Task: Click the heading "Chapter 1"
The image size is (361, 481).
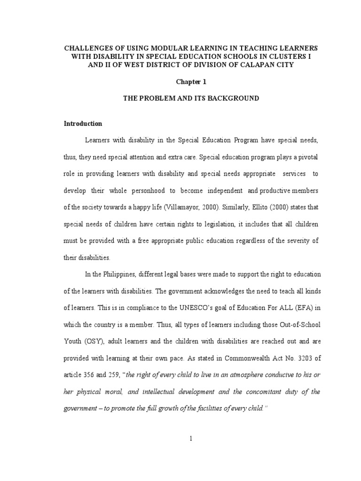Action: coord(191,82)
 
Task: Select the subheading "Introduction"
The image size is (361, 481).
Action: coord(83,124)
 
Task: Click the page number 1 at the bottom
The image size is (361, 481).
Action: coord(191,439)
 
